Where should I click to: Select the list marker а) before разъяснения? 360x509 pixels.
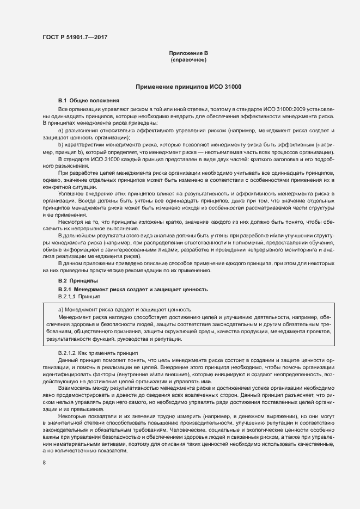[x=61, y=131]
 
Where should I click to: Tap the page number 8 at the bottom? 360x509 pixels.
[x=44, y=462]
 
